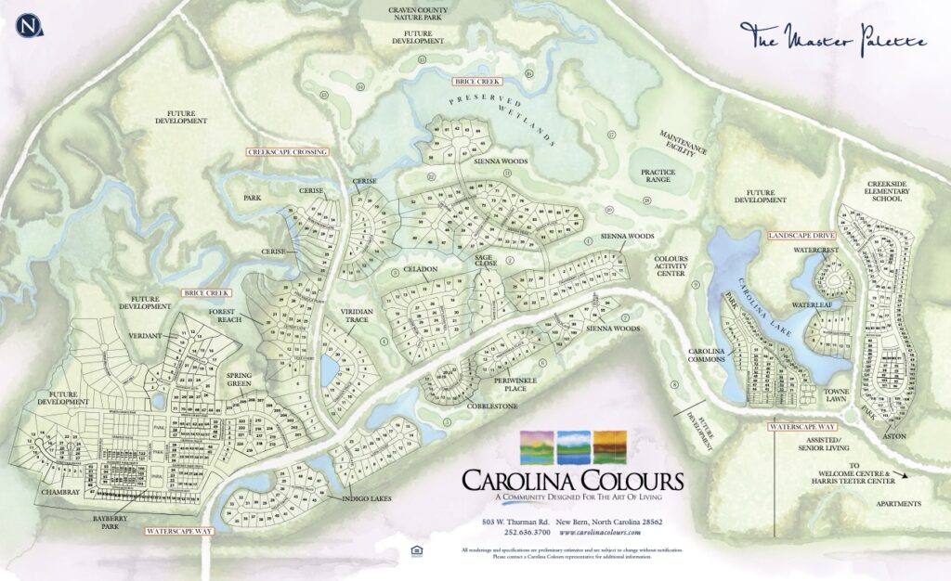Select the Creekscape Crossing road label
(287, 150)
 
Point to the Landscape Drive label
(798, 236)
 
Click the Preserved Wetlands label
(502, 120)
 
